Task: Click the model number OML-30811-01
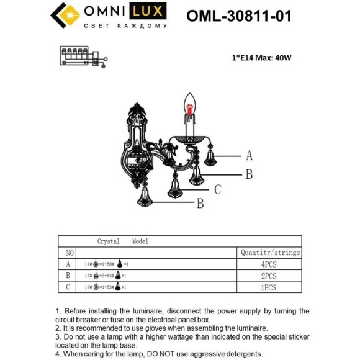pos(239,16)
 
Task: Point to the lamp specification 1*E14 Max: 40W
pos(261,58)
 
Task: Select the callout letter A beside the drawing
pos(250,155)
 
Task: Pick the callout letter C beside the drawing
pos(218,189)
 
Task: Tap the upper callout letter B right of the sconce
pos(249,174)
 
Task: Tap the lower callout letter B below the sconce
pos(200,203)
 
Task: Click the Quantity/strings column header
pos(270,253)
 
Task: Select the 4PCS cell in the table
pos(268,264)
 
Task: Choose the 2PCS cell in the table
pos(268,276)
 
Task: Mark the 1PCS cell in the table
pos(268,287)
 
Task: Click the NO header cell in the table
pos(70,253)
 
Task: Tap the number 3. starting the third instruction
pos(58,336)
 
